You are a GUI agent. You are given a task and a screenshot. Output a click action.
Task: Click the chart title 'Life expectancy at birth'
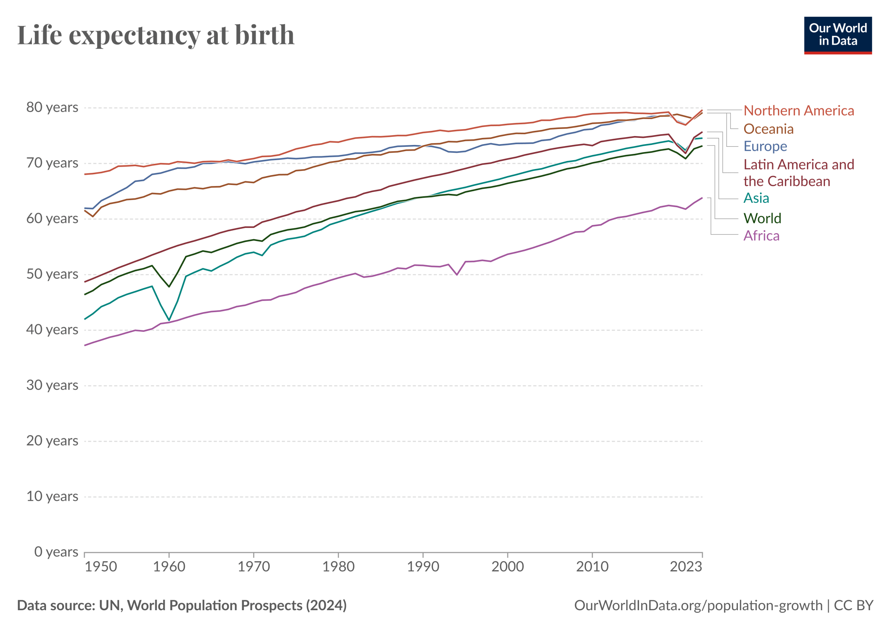(x=156, y=35)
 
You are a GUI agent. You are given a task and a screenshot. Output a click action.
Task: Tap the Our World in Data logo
(x=838, y=35)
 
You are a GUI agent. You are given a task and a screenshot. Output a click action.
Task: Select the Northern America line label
(x=798, y=111)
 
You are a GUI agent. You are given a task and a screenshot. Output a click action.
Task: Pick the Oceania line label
(x=768, y=129)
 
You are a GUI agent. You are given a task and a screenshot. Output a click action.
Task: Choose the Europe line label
(x=765, y=146)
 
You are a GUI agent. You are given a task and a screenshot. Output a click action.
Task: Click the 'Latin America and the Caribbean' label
(x=798, y=173)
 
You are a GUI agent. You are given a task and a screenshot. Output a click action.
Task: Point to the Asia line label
(x=756, y=198)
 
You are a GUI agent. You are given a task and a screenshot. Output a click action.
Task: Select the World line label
(x=762, y=218)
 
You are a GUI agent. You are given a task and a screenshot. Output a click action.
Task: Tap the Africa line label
(x=761, y=236)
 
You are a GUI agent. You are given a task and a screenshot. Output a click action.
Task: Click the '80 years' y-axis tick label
(x=52, y=107)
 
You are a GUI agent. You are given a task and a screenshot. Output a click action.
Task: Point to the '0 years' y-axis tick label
(x=56, y=552)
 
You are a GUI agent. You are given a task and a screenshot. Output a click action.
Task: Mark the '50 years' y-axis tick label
(x=52, y=274)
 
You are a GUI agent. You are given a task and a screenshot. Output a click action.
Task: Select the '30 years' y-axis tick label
(x=52, y=385)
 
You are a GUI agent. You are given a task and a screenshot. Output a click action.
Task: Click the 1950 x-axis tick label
(x=101, y=567)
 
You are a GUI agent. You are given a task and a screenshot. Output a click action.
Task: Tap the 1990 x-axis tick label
(x=423, y=567)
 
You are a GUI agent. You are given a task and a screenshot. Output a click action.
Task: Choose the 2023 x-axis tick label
(x=686, y=567)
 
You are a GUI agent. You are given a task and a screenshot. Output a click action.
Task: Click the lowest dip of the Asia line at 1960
(x=169, y=320)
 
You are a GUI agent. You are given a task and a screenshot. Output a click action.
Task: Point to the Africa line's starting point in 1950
(x=85, y=345)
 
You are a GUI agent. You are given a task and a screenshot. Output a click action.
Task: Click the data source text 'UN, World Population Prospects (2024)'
(x=223, y=605)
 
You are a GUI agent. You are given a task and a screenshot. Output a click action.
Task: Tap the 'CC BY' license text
(x=853, y=605)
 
